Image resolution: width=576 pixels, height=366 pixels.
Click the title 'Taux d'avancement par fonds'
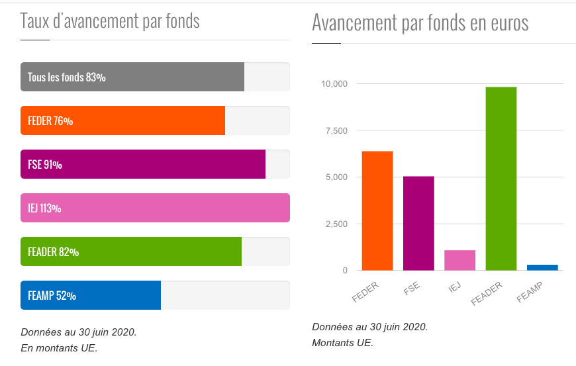(110, 21)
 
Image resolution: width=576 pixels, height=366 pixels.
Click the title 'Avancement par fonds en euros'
(420, 23)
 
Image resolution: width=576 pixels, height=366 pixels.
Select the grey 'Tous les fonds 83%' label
(66, 77)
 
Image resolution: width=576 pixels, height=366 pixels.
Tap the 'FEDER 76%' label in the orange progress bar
(50, 121)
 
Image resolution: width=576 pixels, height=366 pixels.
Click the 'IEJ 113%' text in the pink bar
(44, 208)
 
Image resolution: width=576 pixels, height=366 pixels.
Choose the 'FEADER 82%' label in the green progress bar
(53, 252)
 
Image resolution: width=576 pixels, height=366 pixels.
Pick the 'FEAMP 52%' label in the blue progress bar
(52, 296)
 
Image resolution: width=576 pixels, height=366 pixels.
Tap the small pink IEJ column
(459, 260)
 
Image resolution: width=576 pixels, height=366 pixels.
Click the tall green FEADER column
(501, 179)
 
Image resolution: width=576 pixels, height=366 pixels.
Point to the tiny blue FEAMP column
(542, 267)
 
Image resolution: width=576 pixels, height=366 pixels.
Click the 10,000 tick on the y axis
(334, 84)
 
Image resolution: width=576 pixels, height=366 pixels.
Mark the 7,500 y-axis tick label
(336, 130)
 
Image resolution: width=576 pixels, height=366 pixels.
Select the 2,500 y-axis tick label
(336, 224)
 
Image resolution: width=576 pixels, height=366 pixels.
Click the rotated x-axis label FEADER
(488, 293)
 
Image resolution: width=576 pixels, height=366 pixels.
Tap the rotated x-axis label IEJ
(454, 287)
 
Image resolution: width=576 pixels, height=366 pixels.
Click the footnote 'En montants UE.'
(59, 347)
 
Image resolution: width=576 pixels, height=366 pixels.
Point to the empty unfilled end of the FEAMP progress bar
(225, 295)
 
